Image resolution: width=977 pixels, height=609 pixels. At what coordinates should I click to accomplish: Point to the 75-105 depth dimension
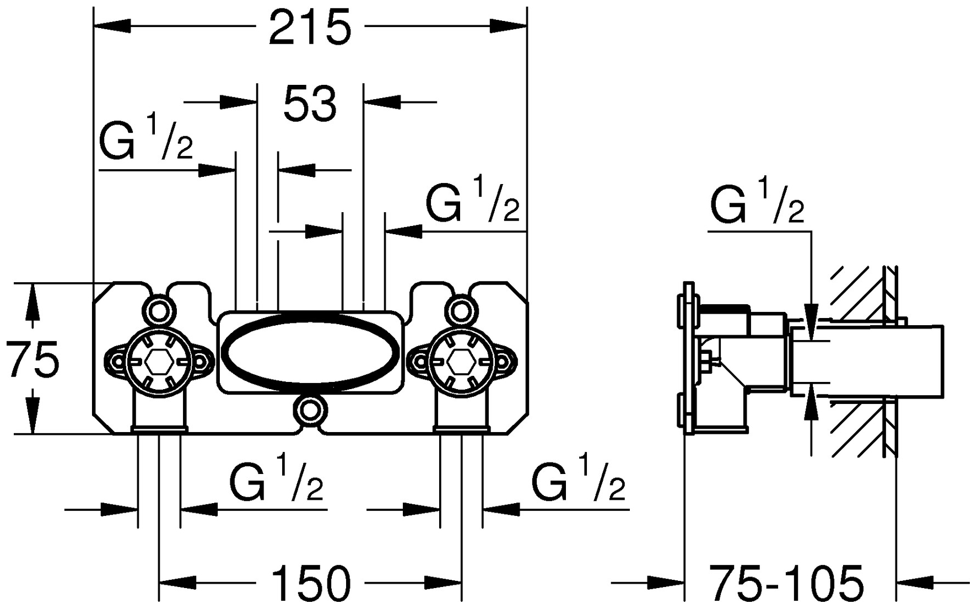tap(786, 583)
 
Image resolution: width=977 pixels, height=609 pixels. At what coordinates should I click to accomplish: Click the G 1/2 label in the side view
tap(757, 201)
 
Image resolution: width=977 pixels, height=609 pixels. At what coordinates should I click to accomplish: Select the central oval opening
tap(310, 354)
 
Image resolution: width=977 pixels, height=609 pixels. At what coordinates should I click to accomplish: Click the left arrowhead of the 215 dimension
tap(113, 26)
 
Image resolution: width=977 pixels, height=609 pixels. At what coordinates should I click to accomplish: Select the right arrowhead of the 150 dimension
tap(444, 583)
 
